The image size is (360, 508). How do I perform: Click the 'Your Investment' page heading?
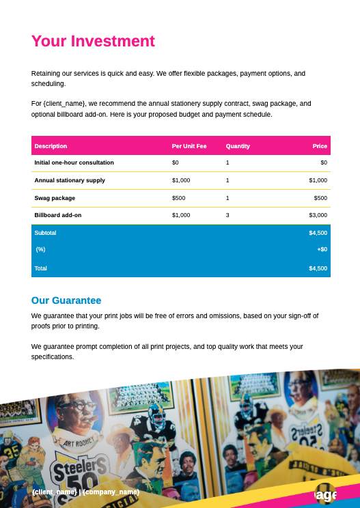pos(93,41)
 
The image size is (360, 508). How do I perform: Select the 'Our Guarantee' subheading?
pos(66,300)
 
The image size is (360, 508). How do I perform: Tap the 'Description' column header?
pos(51,146)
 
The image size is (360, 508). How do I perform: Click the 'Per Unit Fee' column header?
pos(189,146)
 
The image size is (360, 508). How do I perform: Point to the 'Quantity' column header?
pos(238,146)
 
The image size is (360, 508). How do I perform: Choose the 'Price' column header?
pos(320,146)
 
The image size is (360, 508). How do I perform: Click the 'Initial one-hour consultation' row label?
pos(74,163)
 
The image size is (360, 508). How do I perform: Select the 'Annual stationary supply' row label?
pos(70,180)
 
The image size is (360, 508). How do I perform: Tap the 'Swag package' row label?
pos(55,198)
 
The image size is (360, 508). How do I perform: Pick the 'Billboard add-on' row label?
pos(58,215)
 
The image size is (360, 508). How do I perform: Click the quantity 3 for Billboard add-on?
pos(227,215)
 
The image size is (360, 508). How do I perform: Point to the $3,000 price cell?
pos(318,215)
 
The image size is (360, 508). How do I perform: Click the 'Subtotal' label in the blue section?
pos(45,233)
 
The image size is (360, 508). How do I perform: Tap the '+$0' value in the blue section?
pos(322,249)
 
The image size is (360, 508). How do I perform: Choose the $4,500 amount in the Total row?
pos(318,268)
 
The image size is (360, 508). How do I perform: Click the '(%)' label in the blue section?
pos(40,249)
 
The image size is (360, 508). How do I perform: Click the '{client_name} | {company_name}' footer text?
pos(85,492)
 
